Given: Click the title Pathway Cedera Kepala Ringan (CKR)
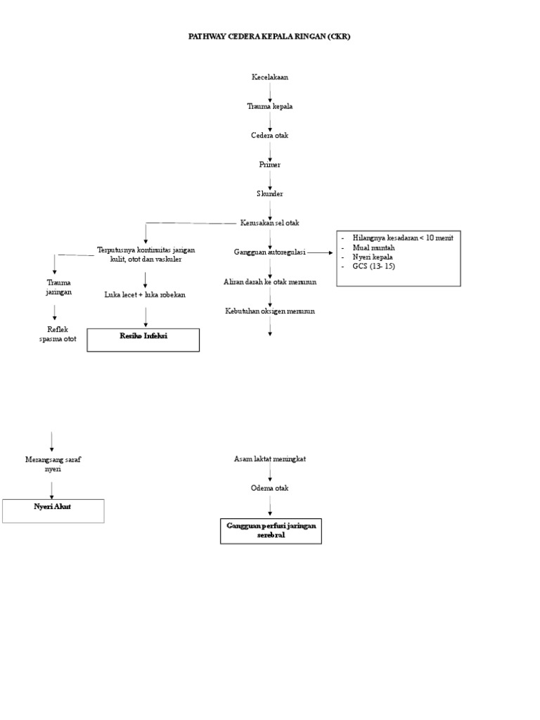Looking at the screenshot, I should tap(269, 36).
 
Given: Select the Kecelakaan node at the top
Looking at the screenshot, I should tap(270, 77).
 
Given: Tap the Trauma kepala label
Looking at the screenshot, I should tap(270, 106).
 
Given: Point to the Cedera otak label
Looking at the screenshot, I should tap(270, 135).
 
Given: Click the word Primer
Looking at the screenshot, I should tap(270, 164).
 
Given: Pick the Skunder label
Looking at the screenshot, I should tap(270, 193).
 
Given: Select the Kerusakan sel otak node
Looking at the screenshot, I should tap(270, 223).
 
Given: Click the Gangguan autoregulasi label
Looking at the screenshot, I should tap(270, 252).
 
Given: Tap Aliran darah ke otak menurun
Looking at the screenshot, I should tap(270, 281).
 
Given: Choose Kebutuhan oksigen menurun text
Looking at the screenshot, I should tap(270, 310).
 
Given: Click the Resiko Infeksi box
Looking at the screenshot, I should tap(143, 340).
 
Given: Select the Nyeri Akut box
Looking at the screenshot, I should tap(53, 510).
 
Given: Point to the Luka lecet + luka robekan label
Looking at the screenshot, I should tap(145, 295).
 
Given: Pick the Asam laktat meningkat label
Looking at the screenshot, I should tap(270, 458).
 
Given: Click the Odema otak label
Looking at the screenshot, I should tap(270, 488).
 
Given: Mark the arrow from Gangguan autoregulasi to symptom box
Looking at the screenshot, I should tap(320, 252).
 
